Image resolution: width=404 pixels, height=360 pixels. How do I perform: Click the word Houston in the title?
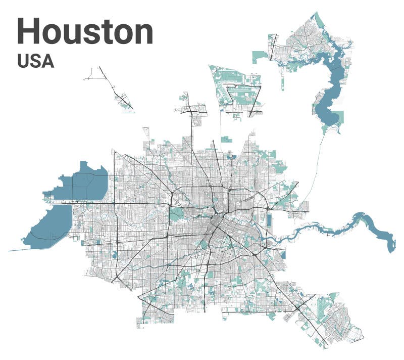[x=85, y=31]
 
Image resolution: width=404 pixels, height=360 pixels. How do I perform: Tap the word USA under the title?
[x=35, y=61]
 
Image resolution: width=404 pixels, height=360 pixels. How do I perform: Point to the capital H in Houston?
[x=28, y=31]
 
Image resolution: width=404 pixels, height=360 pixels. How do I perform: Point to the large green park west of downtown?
[x=177, y=214]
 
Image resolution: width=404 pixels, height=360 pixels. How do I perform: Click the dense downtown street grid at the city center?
[x=219, y=222]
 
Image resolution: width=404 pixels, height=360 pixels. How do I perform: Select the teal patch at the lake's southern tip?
[x=324, y=129]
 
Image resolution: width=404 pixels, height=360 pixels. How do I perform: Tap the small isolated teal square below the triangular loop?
[x=225, y=139]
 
